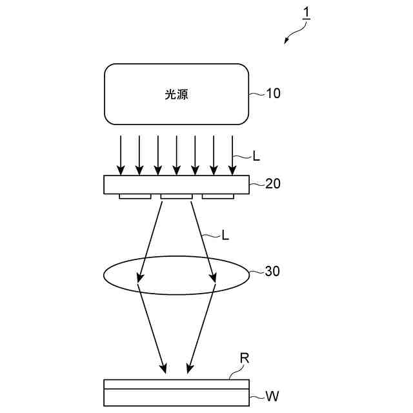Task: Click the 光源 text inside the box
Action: (x=176, y=94)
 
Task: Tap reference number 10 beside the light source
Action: (x=273, y=94)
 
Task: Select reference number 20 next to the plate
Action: (x=273, y=183)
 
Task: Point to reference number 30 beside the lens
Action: (x=273, y=272)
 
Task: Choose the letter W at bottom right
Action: (x=272, y=396)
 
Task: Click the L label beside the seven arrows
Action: (x=256, y=156)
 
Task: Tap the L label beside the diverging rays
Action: (x=225, y=236)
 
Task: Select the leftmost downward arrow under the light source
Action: (x=120, y=154)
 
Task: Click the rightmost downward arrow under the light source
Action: (x=232, y=154)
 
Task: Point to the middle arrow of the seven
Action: (x=176, y=154)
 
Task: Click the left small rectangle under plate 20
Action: (x=135, y=196)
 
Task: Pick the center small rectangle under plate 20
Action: (x=176, y=196)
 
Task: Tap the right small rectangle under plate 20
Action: (x=218, y=196)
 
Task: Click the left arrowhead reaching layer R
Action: (x=165, y=370)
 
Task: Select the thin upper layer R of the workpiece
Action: (x=176, y=384)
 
